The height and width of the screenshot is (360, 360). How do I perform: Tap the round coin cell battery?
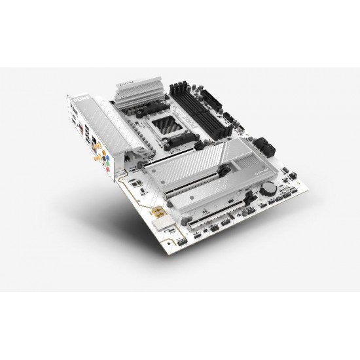[268, 186]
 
